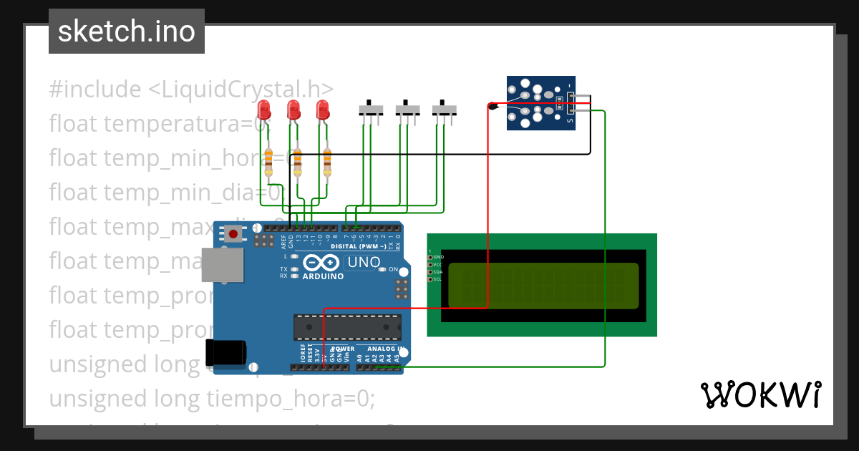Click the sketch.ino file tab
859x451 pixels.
pos(127,31)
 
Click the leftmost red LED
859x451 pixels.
pos(264,110)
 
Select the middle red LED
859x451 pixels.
pos(293,110)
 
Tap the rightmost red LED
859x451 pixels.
pos(323,110)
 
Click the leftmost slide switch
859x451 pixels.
pos(371,110)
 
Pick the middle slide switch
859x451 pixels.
pos(408,110)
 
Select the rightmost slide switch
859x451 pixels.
pos(445,110)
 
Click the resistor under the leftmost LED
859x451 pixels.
pos(268,163)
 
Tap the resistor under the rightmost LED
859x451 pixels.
pos(328,163)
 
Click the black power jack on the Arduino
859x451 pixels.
pos(225,352)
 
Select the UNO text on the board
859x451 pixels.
pos(364,262)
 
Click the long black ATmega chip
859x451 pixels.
pos(346,326)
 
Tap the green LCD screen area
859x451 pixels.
pos(544,286)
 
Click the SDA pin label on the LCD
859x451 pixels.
pos(437,272)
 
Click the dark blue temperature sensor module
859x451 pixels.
pos(540,104)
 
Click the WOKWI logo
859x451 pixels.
pos(760,394)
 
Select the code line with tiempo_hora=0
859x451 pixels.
pos(212,398)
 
